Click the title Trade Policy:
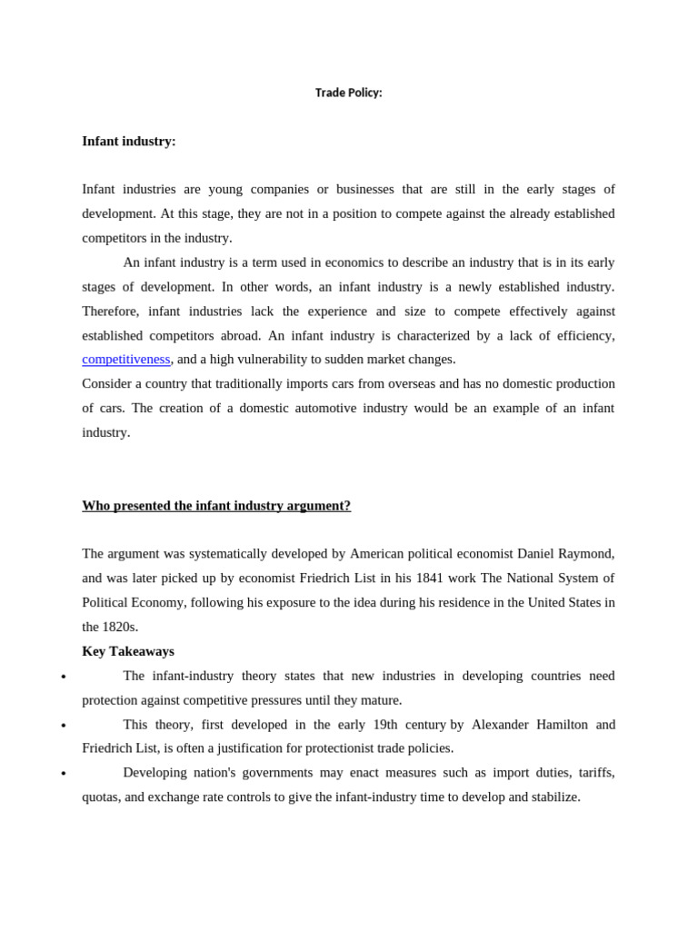348,93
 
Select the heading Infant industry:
129,141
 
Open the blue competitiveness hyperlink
126,359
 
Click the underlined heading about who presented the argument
216,505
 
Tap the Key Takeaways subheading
128,650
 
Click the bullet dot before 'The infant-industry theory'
63,678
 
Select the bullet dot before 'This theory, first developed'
63,727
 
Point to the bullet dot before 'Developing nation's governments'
63,775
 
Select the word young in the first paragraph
225,189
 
